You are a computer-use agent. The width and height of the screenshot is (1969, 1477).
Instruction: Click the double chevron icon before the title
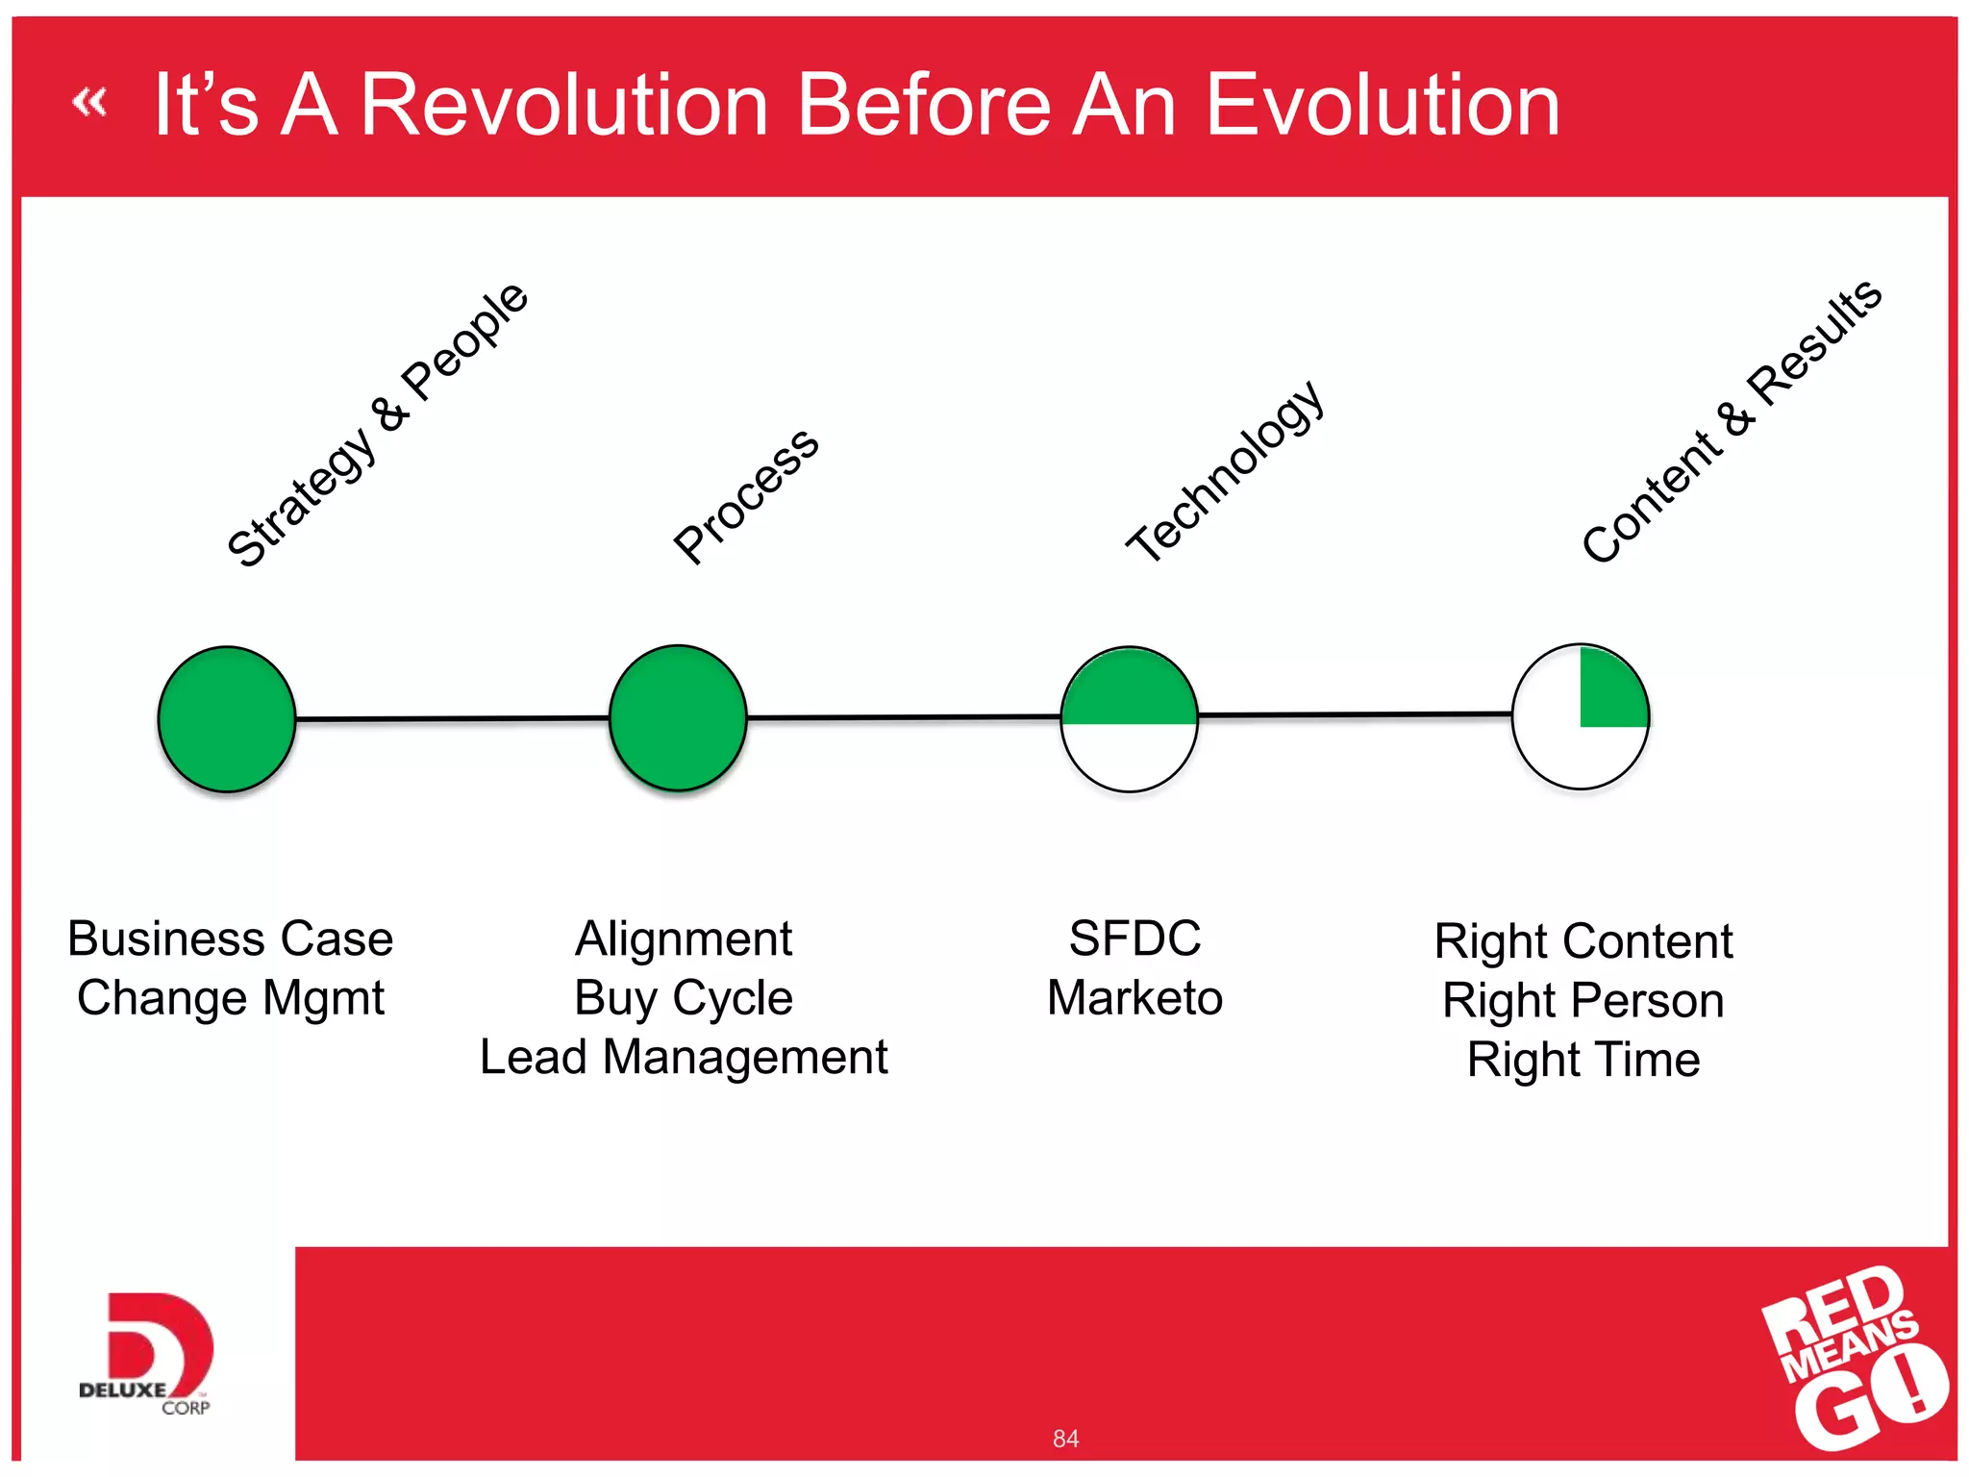click(89, 101)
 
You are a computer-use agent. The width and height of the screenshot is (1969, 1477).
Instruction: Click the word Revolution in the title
click(563, 105)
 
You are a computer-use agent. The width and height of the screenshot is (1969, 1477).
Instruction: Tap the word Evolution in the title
click(1382, 105)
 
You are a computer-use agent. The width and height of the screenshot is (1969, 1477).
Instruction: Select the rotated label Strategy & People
click(377, 425)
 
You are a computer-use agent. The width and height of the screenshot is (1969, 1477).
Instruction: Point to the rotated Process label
click(746, 496)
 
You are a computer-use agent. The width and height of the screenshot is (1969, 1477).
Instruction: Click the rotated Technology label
click(1226, 471)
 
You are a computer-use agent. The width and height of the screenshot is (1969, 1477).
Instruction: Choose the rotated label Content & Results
click(1732, 421)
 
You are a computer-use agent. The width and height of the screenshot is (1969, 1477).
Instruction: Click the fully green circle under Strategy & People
click(227, 719)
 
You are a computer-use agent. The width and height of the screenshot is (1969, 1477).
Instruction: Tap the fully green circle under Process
click(678, 718)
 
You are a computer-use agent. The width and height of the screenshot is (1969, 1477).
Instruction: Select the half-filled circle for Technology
click(1129, 719)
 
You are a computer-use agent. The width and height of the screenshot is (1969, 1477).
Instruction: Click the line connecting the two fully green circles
click(452, 718)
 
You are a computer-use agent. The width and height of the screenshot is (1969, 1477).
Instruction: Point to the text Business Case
click(231, 939)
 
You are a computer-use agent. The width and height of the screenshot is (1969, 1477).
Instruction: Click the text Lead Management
click(684, 1057)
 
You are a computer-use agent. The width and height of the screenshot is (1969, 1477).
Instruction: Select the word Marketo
click(1134, 997)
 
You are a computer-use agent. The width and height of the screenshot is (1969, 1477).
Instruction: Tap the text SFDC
click(1134, 939)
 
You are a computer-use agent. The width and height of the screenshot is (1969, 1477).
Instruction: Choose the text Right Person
click(1583, 1000)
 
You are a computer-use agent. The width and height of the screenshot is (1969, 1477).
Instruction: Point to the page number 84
click(1065, 1439)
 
